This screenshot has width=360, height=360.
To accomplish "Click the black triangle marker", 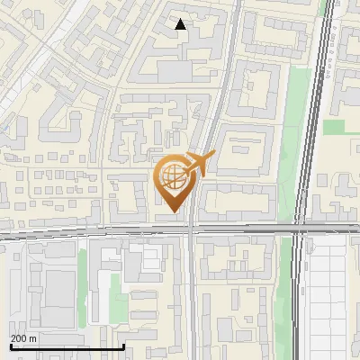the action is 181,24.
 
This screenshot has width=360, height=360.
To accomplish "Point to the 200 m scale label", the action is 23,338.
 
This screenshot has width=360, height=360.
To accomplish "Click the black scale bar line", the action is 67,347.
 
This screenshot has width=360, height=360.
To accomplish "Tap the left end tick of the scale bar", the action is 10,346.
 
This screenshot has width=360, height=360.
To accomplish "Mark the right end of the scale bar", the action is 123,346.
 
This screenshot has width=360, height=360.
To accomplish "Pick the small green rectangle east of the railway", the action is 335,127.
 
